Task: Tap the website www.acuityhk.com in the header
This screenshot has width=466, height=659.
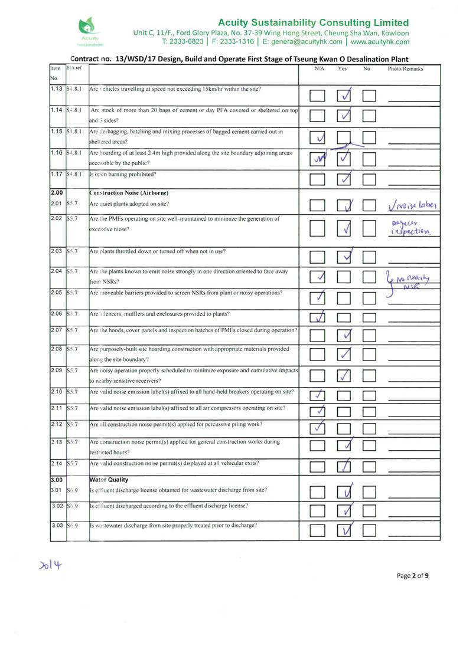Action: point(380,42)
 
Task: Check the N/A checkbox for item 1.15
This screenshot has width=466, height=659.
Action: point(318,138)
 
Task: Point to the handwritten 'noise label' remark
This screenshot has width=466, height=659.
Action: point(411,206)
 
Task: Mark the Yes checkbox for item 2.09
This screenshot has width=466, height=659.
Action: point(346,375)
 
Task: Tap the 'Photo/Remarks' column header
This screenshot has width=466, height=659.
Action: point(405,69)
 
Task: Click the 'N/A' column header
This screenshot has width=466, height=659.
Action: point(318,69)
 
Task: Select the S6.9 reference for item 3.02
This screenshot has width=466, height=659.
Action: point(73,506)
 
